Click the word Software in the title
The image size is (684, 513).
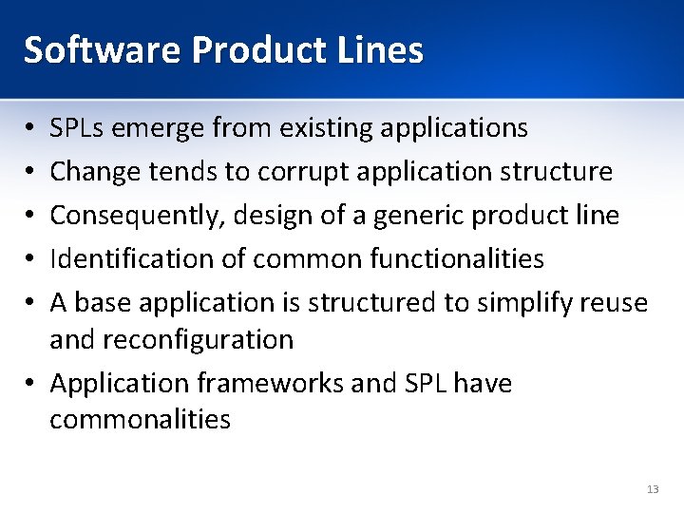point(102,49)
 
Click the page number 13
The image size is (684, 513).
point(652,488)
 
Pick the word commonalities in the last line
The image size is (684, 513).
point(140,419)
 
